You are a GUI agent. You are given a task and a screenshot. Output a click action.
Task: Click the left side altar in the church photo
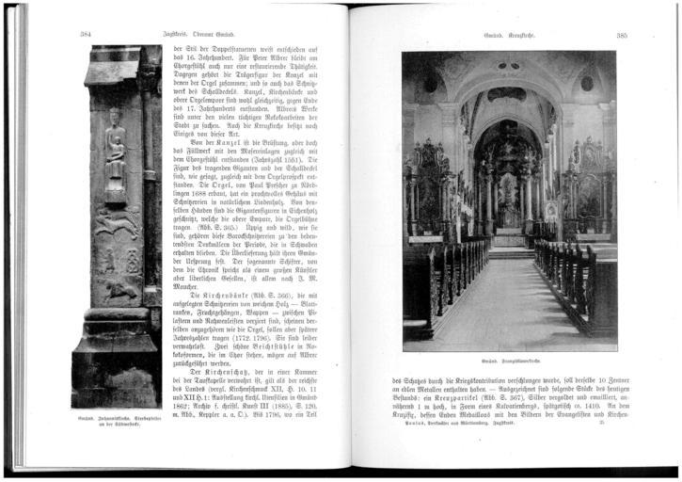coord(426,188)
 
